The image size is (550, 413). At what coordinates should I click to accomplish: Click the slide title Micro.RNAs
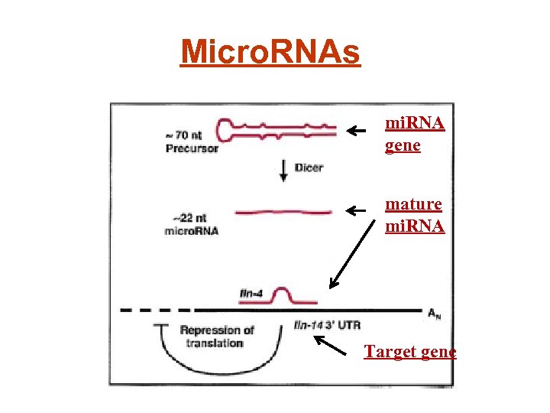(270, 52)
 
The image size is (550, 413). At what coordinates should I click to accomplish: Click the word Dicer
(308, 167)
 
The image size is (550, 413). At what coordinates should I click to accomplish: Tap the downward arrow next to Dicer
(283, 171)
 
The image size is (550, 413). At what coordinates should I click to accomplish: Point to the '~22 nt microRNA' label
(192, 224)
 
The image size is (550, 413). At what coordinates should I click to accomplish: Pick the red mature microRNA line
(283, 212)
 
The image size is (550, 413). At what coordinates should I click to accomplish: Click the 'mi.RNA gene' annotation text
(415, 134)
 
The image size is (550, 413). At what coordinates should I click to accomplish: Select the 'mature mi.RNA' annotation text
(415, 215)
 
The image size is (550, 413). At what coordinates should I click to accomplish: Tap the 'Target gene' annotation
(410, 352)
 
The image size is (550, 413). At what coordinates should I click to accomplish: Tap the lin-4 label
(251, 293)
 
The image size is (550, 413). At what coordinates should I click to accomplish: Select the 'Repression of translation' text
(217, 337)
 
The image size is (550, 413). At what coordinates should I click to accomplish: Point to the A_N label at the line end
(433, 312)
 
